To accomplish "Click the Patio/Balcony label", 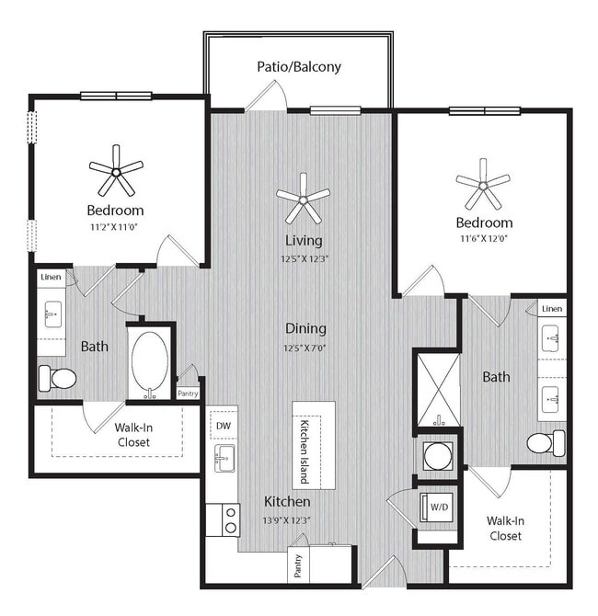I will point(299,66).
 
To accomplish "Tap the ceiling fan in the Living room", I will point(303,197).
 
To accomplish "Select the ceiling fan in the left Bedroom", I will point(116,170).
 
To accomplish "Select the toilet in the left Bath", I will point(57,378).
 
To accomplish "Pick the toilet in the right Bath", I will point(546,443).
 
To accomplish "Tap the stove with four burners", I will point(223,519).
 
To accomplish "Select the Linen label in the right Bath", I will point(552,309).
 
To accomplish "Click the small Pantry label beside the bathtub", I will point(187,393).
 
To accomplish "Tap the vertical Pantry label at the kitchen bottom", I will point(298,565).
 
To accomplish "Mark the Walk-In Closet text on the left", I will point(132,434).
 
